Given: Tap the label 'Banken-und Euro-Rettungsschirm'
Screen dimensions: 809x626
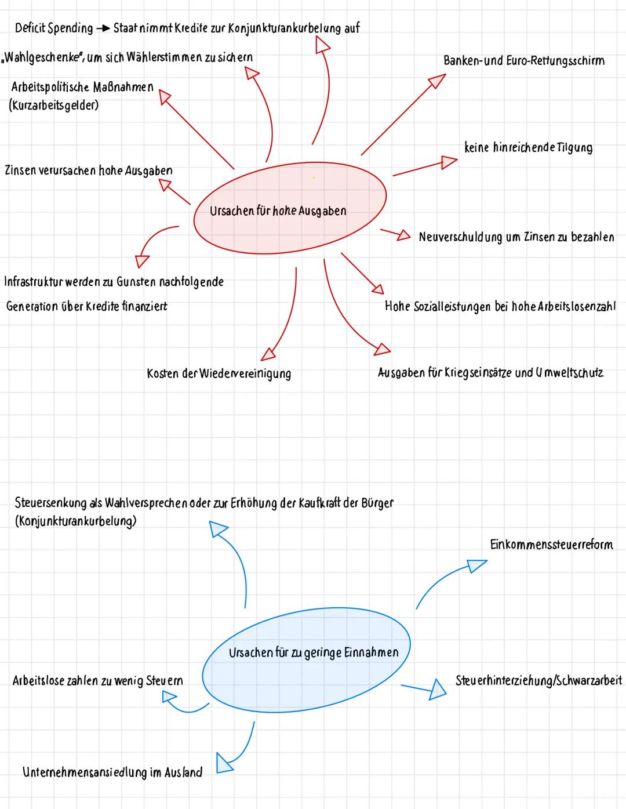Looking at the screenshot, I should coord(523,61).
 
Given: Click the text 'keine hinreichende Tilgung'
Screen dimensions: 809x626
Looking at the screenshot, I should coord(528,147).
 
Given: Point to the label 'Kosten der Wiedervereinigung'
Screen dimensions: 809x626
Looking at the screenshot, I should coord(219,373).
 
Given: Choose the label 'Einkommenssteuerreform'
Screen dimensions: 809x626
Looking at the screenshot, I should coord(551,545).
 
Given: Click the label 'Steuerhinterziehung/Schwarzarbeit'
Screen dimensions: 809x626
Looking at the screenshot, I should coord(538,680).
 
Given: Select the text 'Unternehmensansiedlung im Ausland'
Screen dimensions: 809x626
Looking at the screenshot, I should coord(112,772).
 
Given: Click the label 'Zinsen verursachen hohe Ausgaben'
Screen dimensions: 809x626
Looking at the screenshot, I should coord(88,170).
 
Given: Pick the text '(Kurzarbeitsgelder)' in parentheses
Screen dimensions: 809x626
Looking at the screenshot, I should coord(53,106).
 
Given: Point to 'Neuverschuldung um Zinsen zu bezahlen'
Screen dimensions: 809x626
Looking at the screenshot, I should coord(516,237).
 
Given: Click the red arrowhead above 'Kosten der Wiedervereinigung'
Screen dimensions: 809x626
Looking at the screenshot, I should coord(268,353).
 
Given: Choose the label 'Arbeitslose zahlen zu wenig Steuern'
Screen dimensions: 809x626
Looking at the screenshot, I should coord(97,680).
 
